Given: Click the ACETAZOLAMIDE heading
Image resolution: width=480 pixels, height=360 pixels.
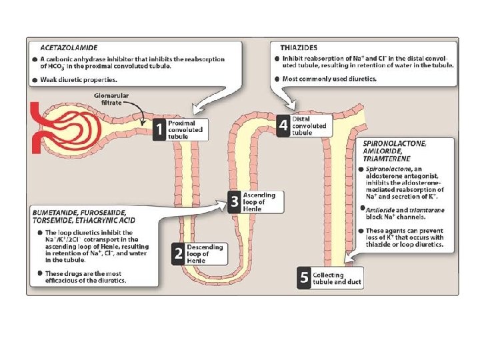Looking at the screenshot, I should (x=69, y=49).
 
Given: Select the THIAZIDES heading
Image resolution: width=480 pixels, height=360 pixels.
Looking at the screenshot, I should (x=297, y=48).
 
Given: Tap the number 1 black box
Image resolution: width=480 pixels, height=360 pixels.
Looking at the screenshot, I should (x=159, y=129).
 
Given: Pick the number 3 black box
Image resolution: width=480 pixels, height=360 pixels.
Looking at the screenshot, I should (x=233, y=202).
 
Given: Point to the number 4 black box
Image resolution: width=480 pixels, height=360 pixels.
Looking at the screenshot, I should (x=283, y=125).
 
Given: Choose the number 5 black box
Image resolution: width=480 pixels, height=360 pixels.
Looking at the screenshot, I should (x=304, y=279).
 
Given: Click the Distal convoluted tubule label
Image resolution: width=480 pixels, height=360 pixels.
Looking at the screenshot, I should (x=310, y=125).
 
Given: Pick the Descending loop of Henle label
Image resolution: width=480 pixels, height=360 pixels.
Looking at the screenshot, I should (x=205, y=254).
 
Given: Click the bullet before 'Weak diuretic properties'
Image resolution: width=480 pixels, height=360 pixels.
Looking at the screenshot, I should (x=34, y=79).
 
